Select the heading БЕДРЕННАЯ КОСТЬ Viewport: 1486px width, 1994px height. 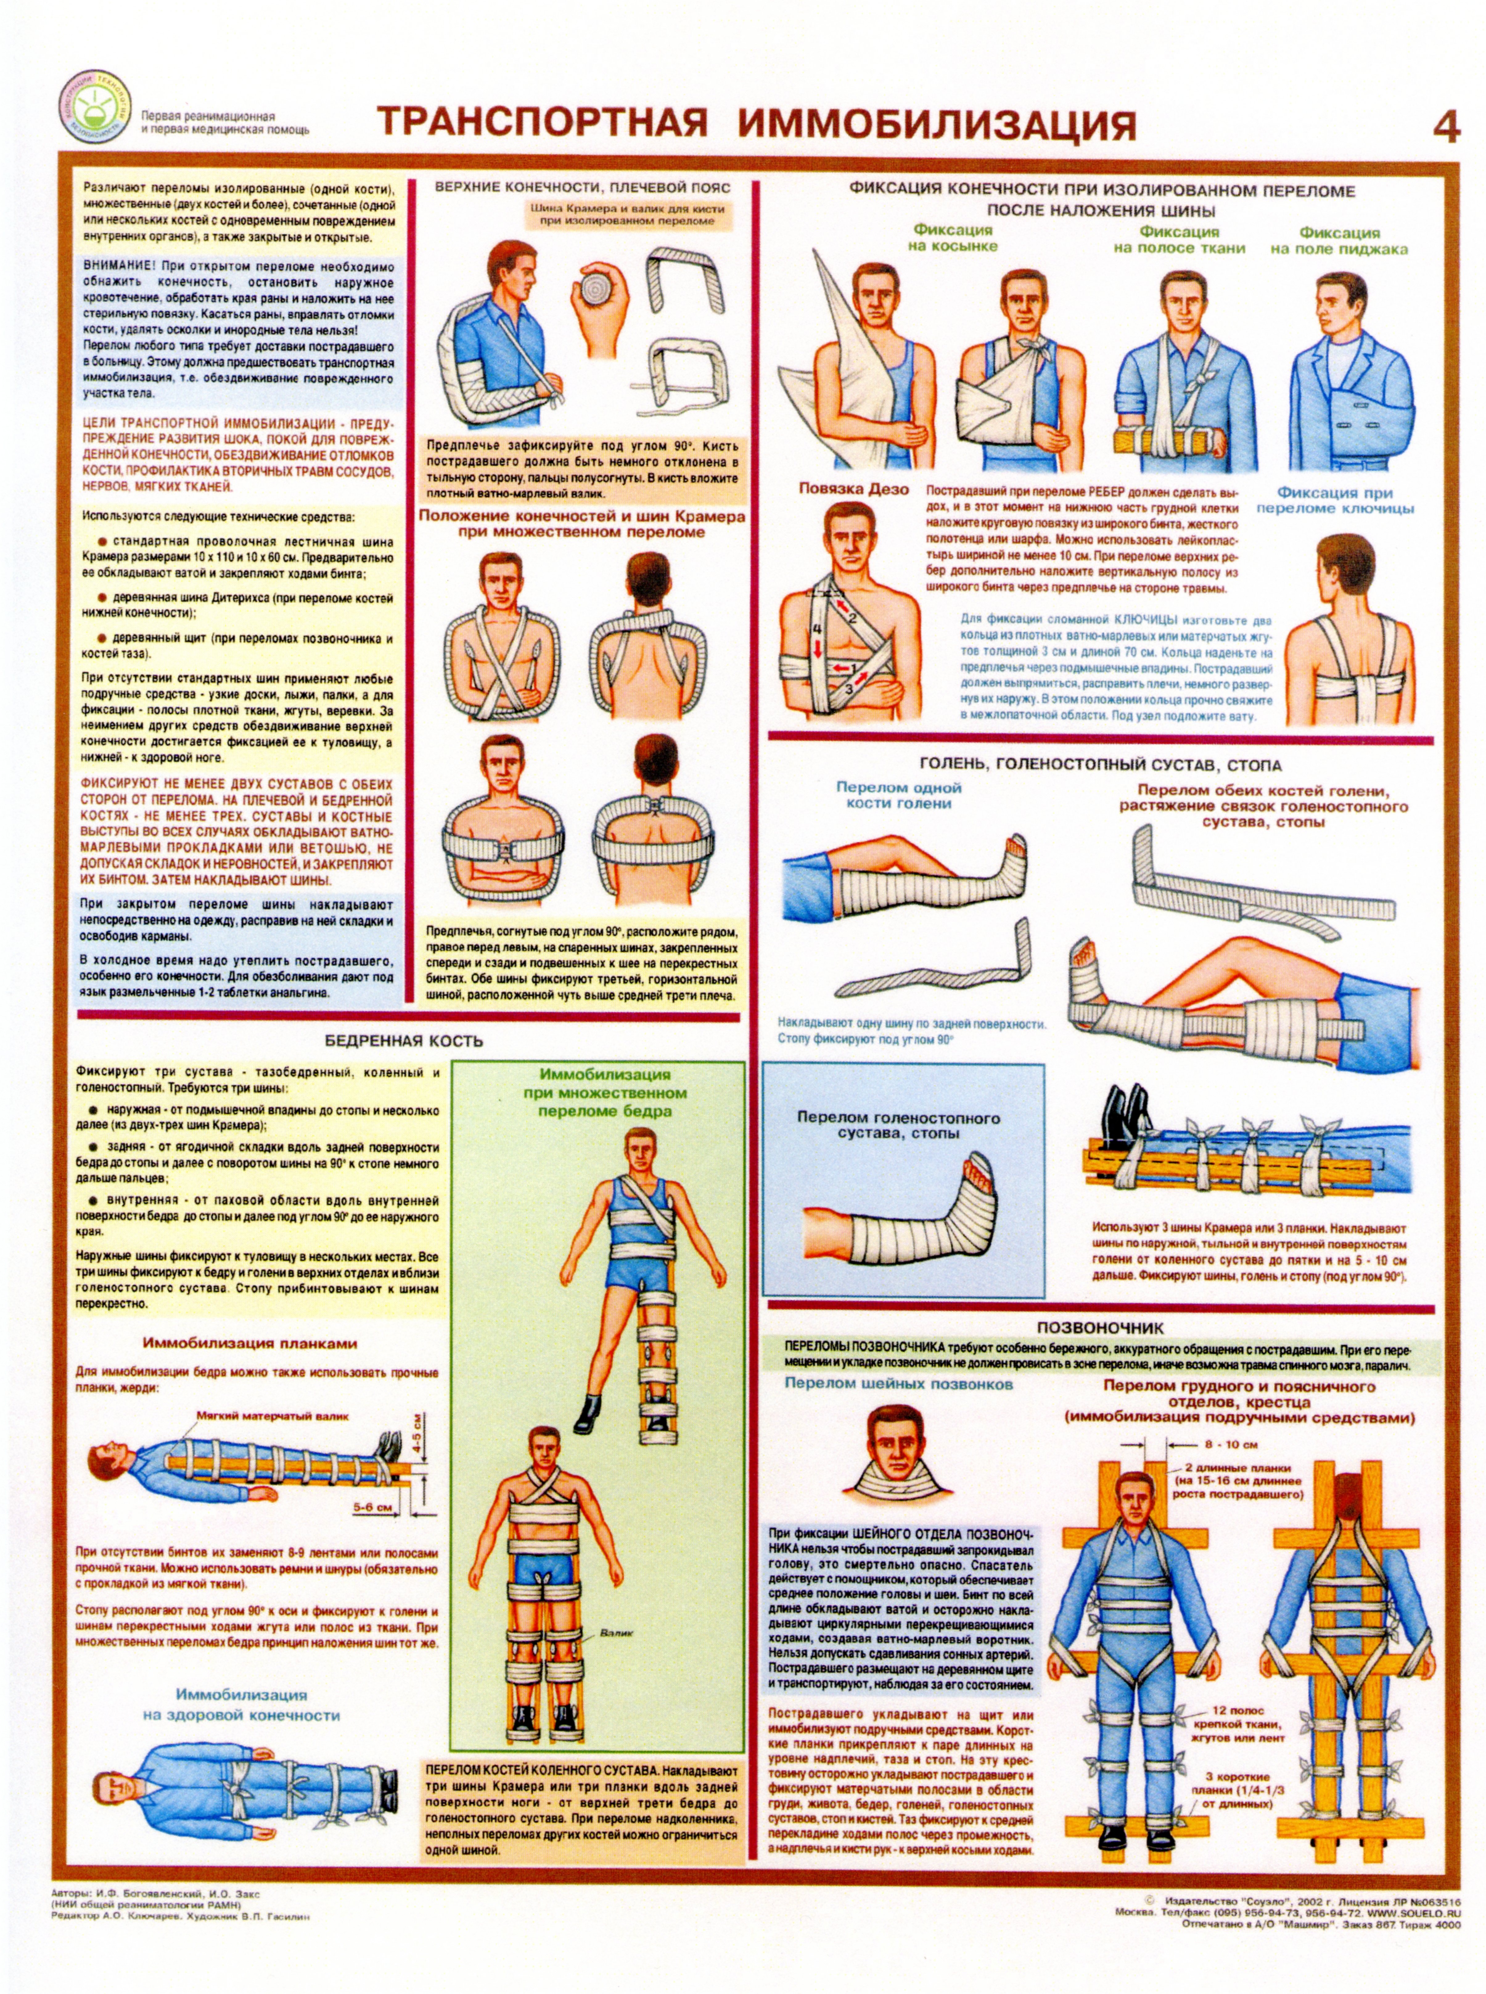404,1042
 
